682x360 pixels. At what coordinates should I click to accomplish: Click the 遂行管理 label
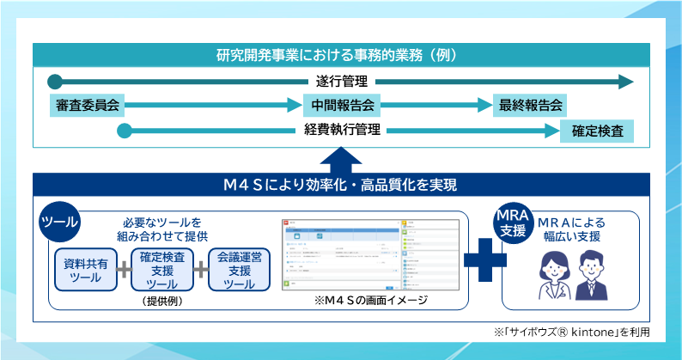(341, 82)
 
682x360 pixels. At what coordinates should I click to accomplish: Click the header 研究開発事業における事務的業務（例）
(341, 55)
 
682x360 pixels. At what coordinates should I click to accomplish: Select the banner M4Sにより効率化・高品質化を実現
(341, 186)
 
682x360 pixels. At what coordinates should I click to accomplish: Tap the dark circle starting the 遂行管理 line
(55, 82)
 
